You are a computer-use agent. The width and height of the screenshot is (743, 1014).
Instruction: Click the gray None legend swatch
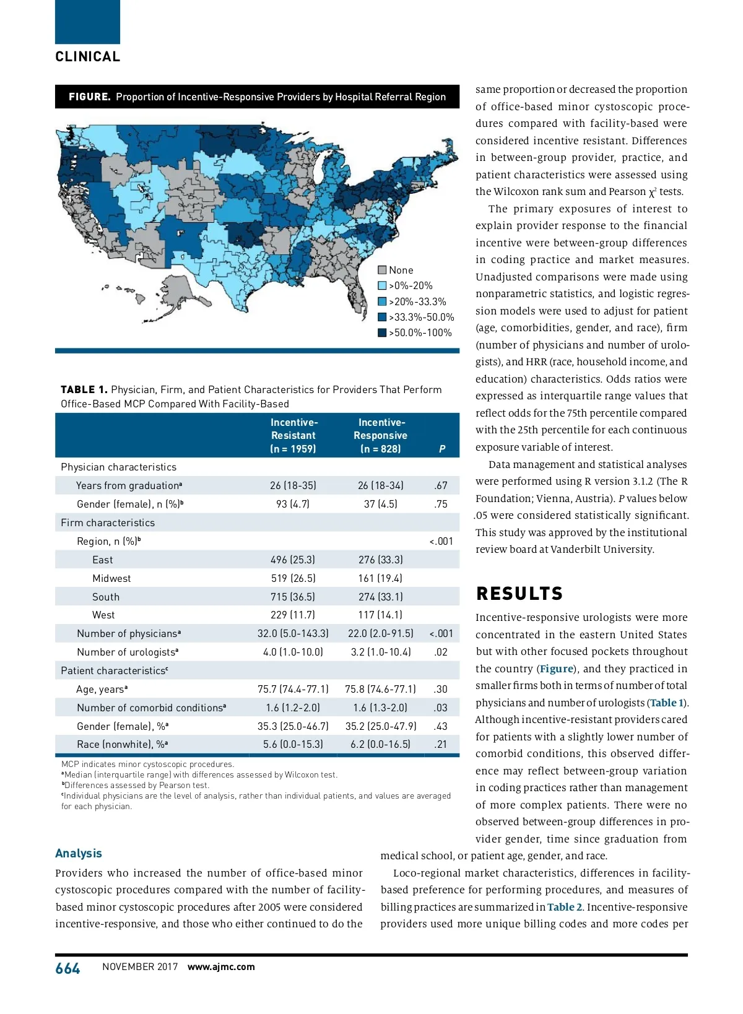click(x=383, y=270)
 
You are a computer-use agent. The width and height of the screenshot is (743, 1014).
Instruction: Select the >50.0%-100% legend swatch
click(x=383, y=332)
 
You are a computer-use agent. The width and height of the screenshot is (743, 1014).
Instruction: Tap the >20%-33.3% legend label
click(x=417, y=301)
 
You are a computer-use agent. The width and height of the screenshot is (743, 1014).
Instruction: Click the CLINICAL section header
click(x=88, y=57)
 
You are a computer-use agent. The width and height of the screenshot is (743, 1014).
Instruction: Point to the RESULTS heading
click(x=519, y=594)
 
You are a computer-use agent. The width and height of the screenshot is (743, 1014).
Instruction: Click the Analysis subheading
click(x=79, y=853)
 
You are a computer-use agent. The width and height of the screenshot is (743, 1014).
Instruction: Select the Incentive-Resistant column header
click(x=293, y=435)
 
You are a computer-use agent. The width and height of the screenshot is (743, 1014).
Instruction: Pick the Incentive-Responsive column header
click(x=380, y=435)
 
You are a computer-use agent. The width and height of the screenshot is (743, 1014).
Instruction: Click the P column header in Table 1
click(x=442, y=449)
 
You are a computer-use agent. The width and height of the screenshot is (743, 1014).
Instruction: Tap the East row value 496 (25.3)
click(x=293, y=560)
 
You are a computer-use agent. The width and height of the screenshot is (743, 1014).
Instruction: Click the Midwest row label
click(x=111, y=578)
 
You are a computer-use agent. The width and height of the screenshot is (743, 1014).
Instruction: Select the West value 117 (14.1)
click(x=380, y=615)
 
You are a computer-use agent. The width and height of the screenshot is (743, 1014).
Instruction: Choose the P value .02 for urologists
click(x=441, y=652)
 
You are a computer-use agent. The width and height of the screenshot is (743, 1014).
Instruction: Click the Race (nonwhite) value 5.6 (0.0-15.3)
click(x=293, y=744)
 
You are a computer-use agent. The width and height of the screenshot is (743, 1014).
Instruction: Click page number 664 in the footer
click(x=68, y=968)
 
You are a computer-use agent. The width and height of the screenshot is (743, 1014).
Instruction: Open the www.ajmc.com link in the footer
click(x=221, y=967)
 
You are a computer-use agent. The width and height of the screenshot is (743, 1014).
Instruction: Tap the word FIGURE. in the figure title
click(x=90, y=97)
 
